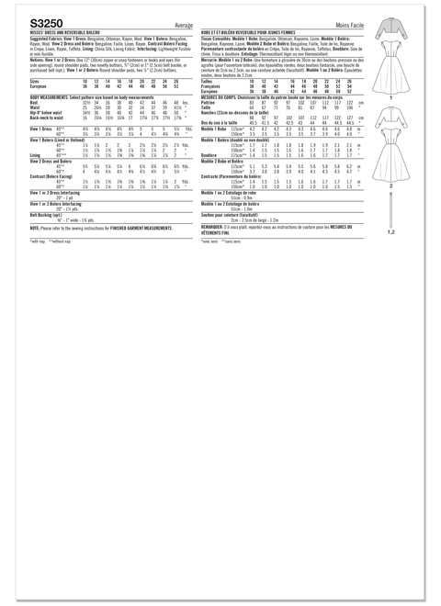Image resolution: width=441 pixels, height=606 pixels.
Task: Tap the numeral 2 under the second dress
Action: [390, 186]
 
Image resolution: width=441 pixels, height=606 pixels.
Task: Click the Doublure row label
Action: [213, 181]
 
